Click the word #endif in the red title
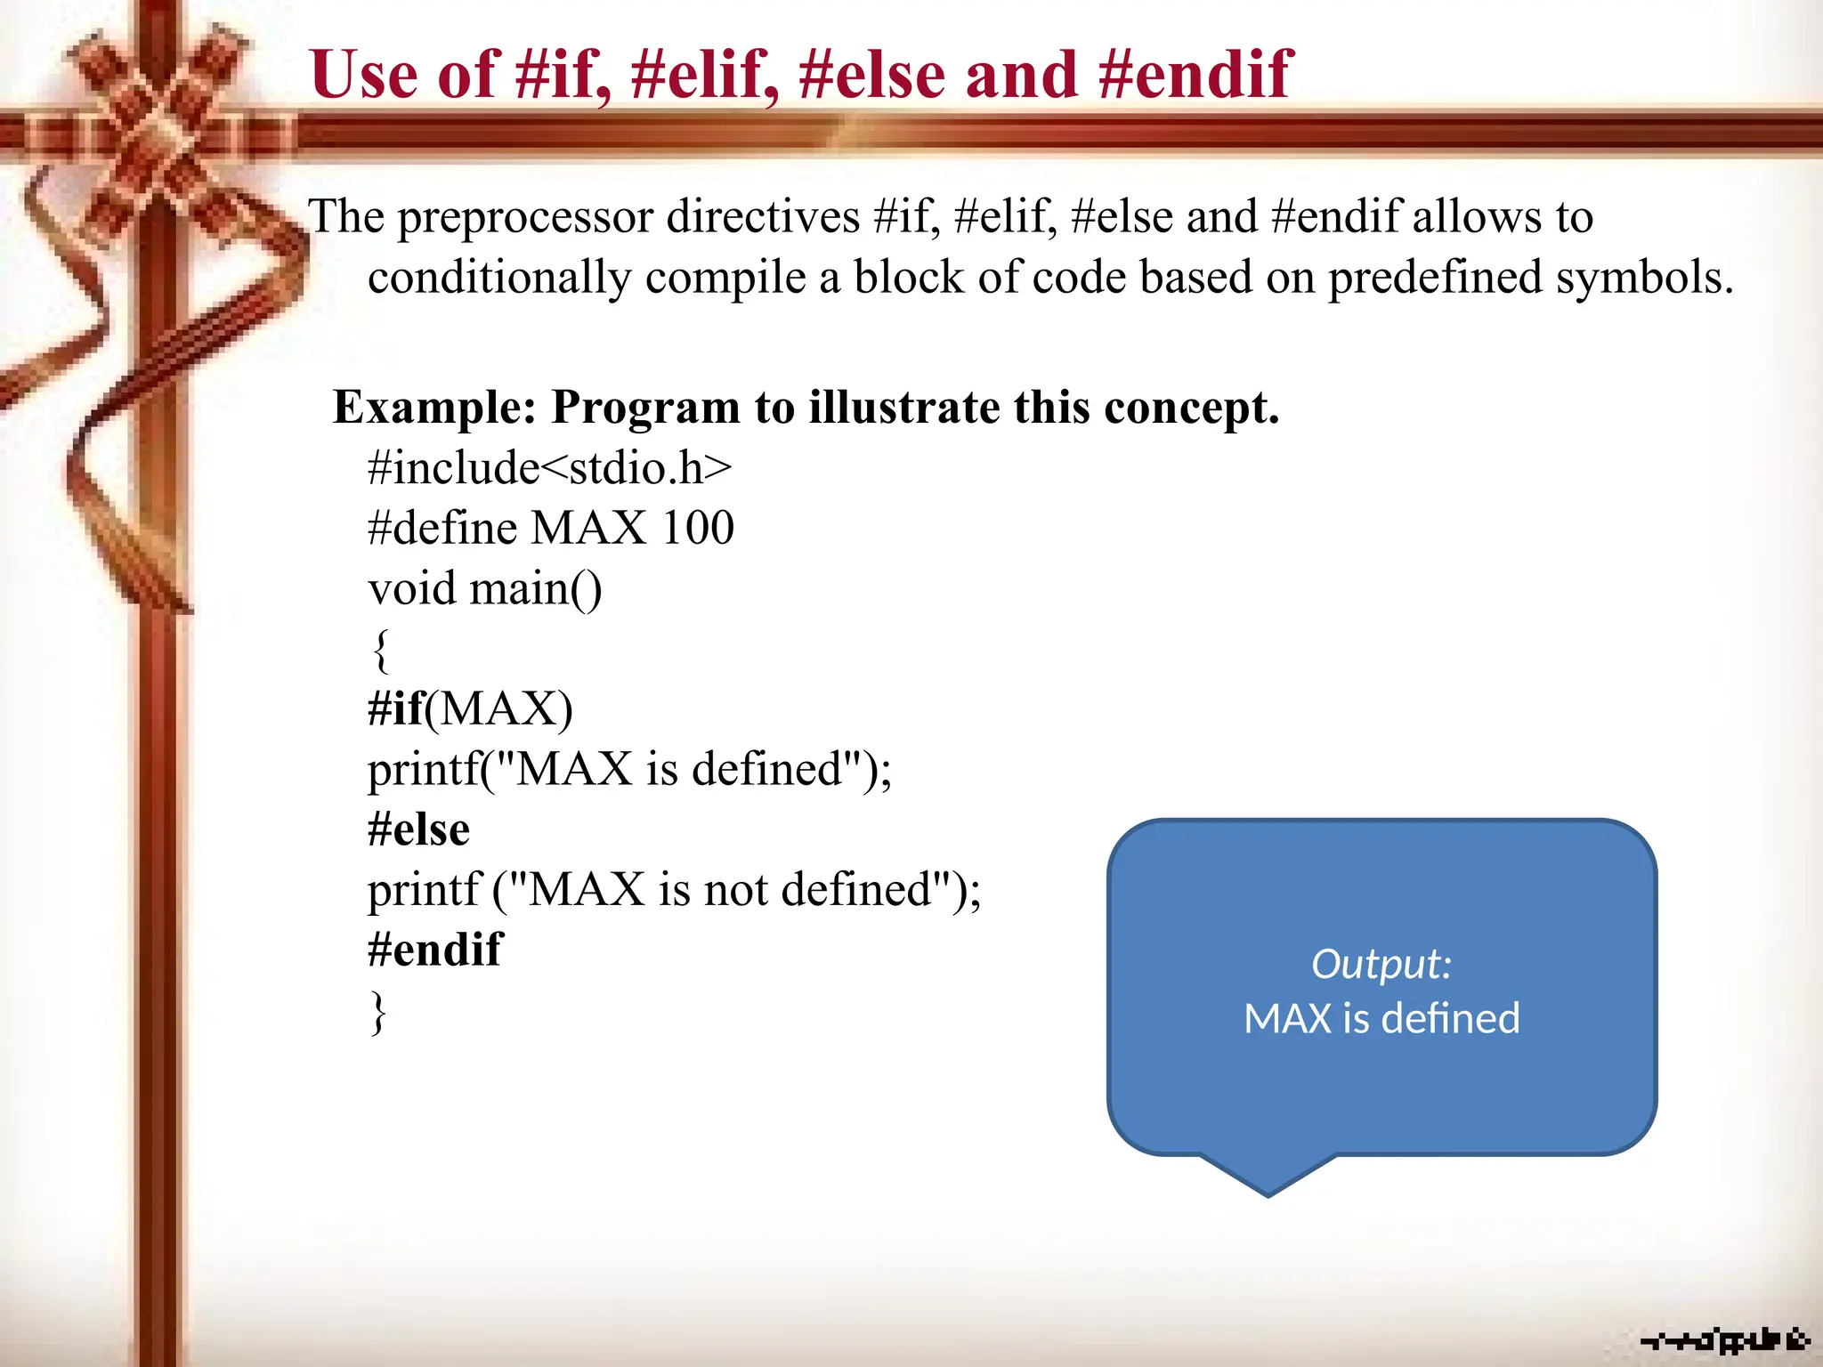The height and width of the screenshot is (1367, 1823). tap(1195, 75)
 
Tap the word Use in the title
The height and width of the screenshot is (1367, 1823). tap(364, 75)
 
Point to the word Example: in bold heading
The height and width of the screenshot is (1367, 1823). tap(434, 408)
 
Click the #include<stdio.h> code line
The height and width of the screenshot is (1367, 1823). tap(549, 468)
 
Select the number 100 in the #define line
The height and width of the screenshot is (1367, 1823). tap(698, 528)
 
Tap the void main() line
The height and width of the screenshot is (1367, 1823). tap(485, 589)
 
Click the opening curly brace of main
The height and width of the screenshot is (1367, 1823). tap(380, 650)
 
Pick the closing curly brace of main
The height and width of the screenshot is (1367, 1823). tap(379, 1012)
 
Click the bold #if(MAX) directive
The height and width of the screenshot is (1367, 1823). tap(470, 709)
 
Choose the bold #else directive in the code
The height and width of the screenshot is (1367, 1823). tap(418, 829)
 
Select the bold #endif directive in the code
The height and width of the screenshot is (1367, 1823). tap(434, 950)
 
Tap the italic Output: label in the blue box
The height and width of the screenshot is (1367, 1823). tap(1381, 964)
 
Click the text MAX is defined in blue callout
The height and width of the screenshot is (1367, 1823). tap(1381, 1019)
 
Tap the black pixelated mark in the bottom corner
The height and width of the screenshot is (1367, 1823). tap(1723, 1339)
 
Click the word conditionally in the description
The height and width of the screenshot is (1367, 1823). tap(499, 278)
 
